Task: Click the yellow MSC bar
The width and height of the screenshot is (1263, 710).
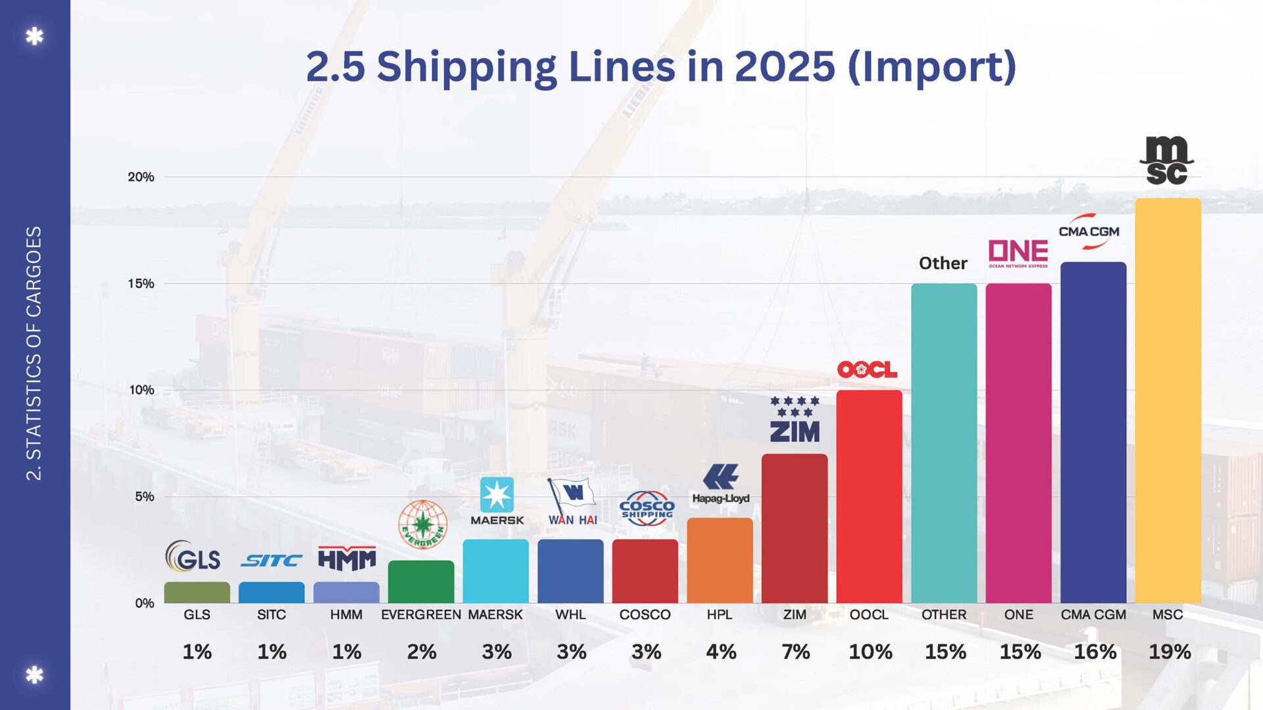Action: coord(1168,401)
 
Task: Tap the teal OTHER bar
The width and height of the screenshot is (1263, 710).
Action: coord(943,444)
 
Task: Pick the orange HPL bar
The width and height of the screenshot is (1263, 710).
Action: coord(720,561)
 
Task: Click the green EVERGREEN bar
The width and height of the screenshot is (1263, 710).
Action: coord(421,582)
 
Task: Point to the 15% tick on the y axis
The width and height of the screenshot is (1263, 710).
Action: coord(141,283)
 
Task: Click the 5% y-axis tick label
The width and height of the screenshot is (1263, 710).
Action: coord(144,496)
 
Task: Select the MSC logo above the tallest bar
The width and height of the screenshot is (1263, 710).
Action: coord(1166,160)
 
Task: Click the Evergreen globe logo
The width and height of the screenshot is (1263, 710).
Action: coord(422,525)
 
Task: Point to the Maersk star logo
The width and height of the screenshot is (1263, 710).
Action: coord(497,495)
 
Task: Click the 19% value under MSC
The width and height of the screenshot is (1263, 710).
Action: coord(1170,651)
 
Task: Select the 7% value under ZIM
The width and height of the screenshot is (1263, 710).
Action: coord(795,651)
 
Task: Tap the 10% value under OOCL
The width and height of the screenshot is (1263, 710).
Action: coord(870,651)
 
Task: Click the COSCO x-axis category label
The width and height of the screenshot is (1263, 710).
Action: coord(645,615)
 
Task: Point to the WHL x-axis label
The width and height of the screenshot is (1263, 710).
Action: coord(570,615)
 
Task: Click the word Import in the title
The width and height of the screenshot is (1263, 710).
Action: coord(931,67)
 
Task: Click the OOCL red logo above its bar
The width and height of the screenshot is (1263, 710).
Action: coord(867,369)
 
